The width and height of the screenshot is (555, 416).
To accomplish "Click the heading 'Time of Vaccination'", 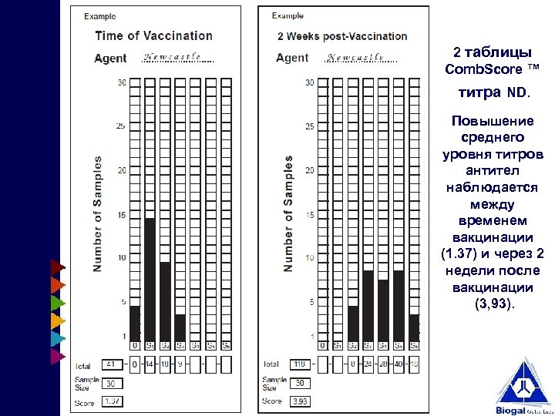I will click(x=153, y=35).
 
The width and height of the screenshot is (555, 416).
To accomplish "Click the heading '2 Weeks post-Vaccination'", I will click(x=342, y=36).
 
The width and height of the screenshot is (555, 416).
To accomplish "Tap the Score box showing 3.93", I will click(x=301, y=401).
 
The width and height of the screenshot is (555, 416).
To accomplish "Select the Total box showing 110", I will click(x=301, y=364).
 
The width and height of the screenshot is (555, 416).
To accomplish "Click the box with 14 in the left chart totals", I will click(x=150, y=364).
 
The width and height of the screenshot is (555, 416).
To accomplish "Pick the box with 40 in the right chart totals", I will click(x=399, y=364).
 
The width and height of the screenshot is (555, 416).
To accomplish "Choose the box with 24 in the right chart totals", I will click(x=368, y=364).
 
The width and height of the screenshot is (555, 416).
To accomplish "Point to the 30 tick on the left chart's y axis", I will click(x=122, y=82).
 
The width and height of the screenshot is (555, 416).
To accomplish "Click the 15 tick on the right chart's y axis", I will click(x=310, y=215).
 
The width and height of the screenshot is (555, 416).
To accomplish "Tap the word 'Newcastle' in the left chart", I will click(x=172, y=57).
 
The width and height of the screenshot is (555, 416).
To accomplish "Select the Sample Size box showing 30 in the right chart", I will click(x=301, y=383).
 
